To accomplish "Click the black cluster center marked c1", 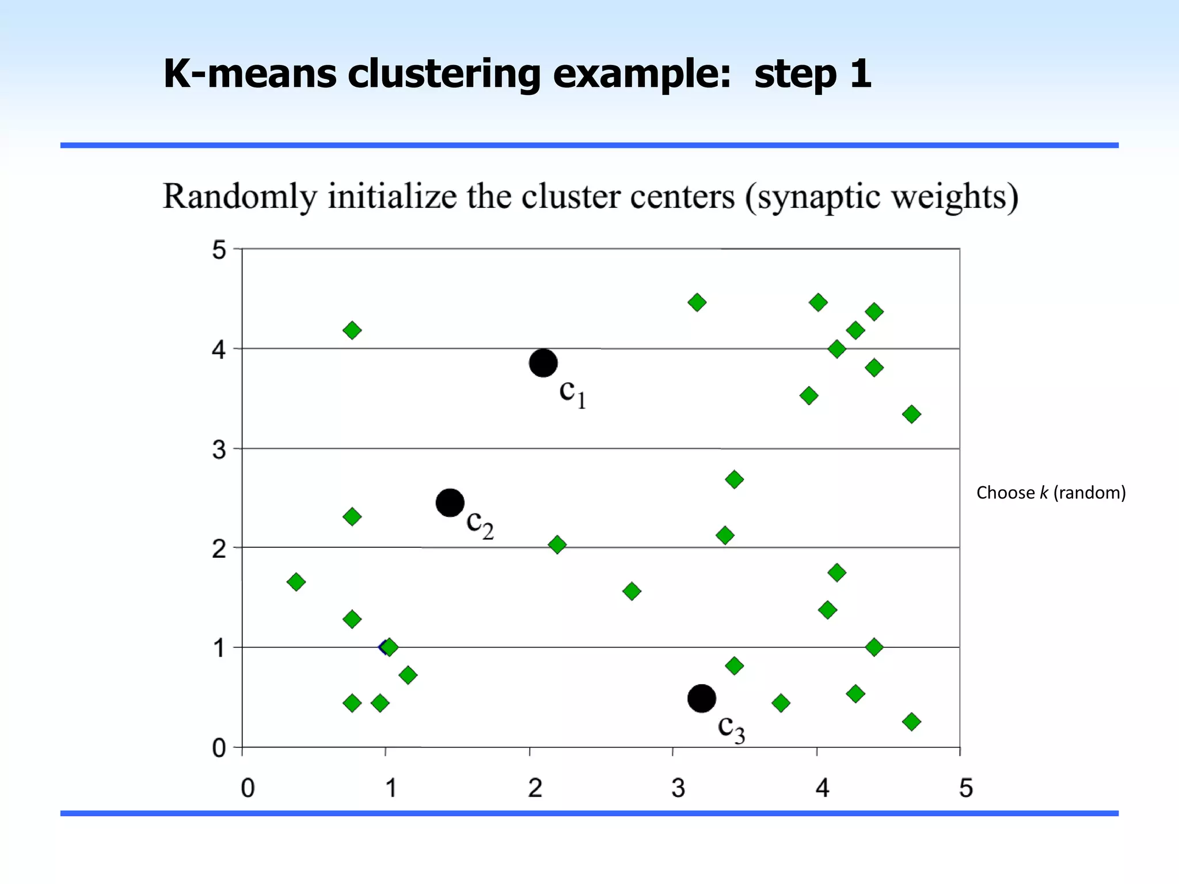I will (543, 363).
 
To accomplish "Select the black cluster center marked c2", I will (450, 503).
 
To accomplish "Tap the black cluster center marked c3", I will (702, 699).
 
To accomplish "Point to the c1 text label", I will (572, 393).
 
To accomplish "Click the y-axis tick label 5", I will (219, 250).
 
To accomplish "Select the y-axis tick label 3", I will (219, 449).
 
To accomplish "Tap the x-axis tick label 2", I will (535, 788).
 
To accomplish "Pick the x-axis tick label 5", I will (965, 788).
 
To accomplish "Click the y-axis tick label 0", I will (219, 748).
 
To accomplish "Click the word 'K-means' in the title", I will (250, 74).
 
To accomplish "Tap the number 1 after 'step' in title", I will (860, 74).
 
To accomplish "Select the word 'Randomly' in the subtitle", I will (239, 197).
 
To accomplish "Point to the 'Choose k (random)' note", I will (1051, 493).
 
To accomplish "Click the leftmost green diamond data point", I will (296, 582).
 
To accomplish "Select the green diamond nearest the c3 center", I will (734, 666).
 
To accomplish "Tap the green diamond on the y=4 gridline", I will (836, 349).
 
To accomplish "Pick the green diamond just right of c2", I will (557, 544).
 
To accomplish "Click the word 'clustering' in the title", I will (444, 74).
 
